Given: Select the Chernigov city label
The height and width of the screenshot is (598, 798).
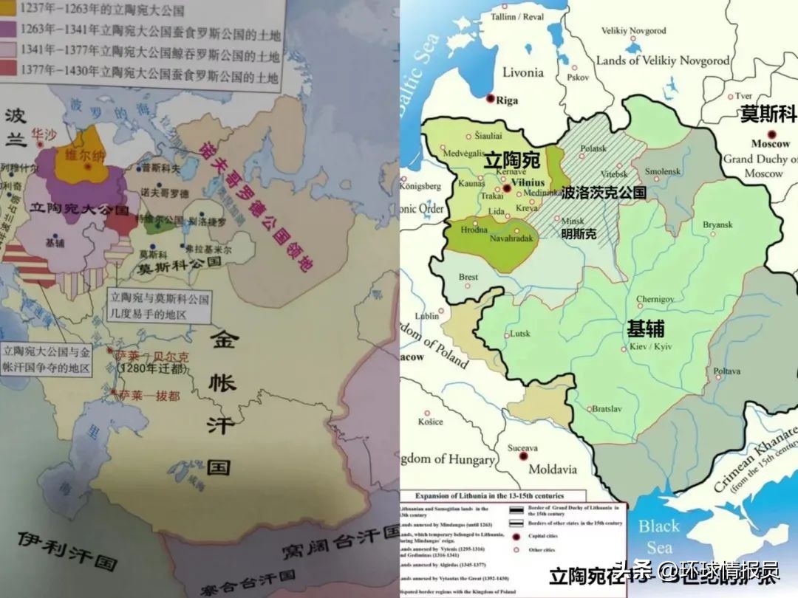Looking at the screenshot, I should tap(655, 299).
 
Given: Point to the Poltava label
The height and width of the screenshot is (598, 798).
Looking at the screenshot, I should tap(727, 371).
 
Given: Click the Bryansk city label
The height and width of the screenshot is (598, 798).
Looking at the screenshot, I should tap(718, 224).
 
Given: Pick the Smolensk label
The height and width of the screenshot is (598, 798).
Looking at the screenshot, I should tap(662, 171).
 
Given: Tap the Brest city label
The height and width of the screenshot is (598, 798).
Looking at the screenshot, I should tap(468, 277).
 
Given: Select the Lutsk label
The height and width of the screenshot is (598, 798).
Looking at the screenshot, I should tap(520, 333).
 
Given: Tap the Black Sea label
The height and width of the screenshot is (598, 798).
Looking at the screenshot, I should tap(658, 537).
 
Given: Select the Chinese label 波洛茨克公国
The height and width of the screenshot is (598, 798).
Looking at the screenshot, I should tap(604, 193).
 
